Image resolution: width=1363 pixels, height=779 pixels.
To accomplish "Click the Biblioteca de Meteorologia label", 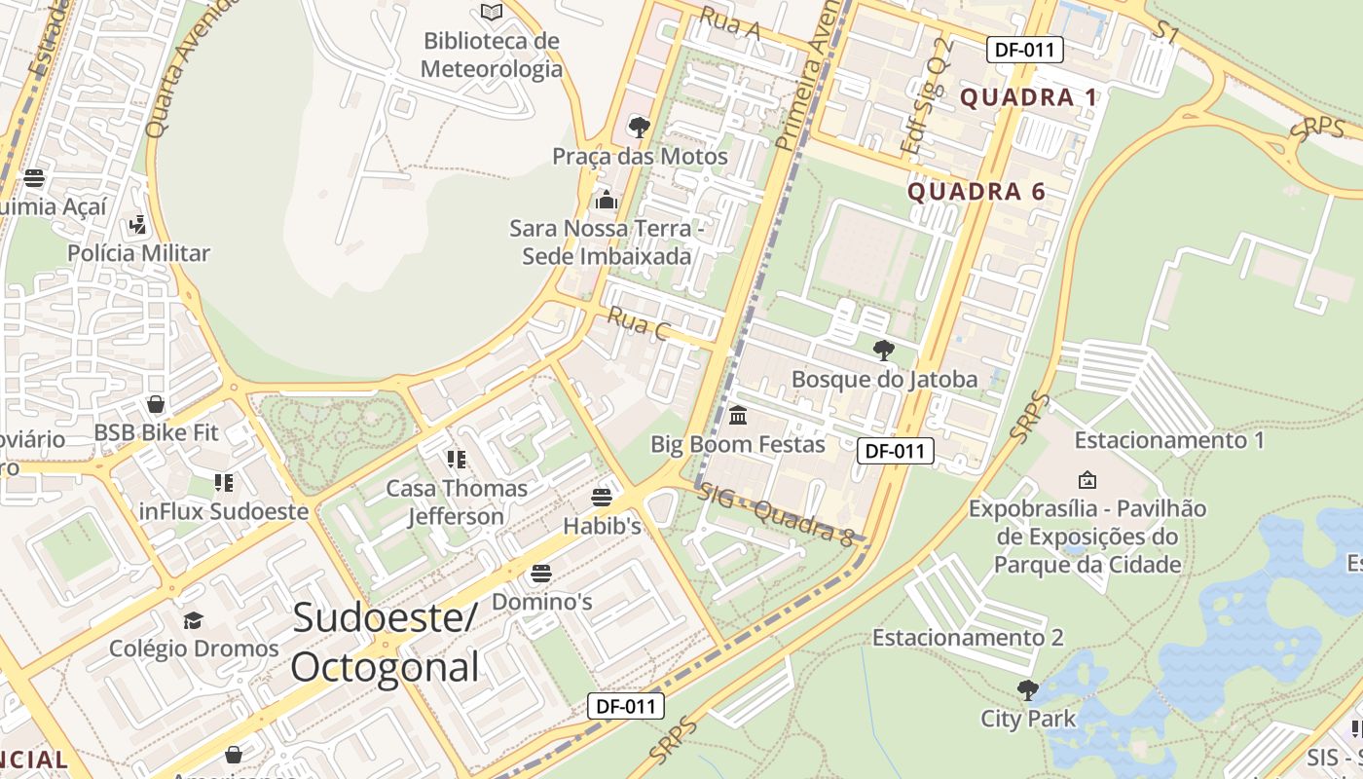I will click(492, 55).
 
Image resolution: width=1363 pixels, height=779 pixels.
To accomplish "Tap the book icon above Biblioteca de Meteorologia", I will click(492, 12).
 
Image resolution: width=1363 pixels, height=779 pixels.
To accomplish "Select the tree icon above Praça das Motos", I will click(640, 127).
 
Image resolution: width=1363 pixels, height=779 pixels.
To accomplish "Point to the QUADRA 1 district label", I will click(1029, 97).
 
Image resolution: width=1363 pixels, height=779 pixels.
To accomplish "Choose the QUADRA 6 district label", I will click(976, 192).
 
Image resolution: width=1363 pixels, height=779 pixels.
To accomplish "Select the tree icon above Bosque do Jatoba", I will click(884, 350).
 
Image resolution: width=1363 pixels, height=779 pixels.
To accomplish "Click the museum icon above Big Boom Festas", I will click(738, 416).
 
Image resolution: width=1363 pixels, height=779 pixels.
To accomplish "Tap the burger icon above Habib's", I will click(602, 498).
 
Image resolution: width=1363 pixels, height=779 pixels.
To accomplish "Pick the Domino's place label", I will click(541, 602).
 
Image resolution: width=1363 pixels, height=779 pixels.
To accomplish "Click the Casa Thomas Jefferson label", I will click(457, 502).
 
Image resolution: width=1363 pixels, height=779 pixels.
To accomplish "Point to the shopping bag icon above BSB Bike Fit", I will click(156, 403).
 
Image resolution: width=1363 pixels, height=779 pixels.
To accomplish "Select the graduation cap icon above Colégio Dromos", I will click(194, 620).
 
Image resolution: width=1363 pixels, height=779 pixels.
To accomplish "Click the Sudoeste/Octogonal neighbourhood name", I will click(386, 642).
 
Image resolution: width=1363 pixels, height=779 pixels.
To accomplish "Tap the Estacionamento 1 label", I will click(1169, 440).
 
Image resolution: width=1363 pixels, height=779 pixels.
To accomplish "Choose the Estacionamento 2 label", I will click(968, 638).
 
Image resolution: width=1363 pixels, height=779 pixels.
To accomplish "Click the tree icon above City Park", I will click(1027, 690).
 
